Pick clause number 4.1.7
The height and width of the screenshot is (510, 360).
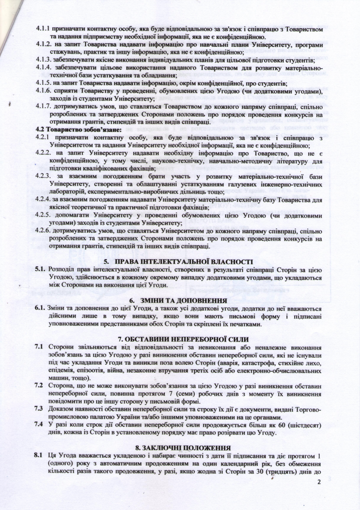[x=44, y=105]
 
